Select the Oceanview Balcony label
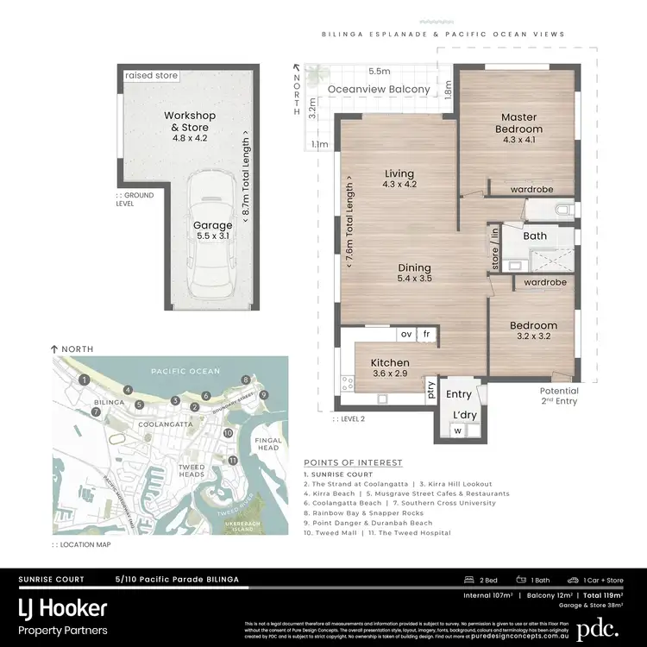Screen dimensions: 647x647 379,89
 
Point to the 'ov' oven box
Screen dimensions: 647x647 405,334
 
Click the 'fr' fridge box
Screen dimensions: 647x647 426,334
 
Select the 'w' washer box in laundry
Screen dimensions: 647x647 458,430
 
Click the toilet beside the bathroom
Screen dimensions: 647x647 562,208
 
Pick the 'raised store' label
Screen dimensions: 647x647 151,76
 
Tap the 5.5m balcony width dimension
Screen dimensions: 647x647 377,71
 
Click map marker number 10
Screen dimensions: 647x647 228,432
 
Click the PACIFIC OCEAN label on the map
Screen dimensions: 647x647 180,371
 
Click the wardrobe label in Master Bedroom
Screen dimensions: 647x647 531,189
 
